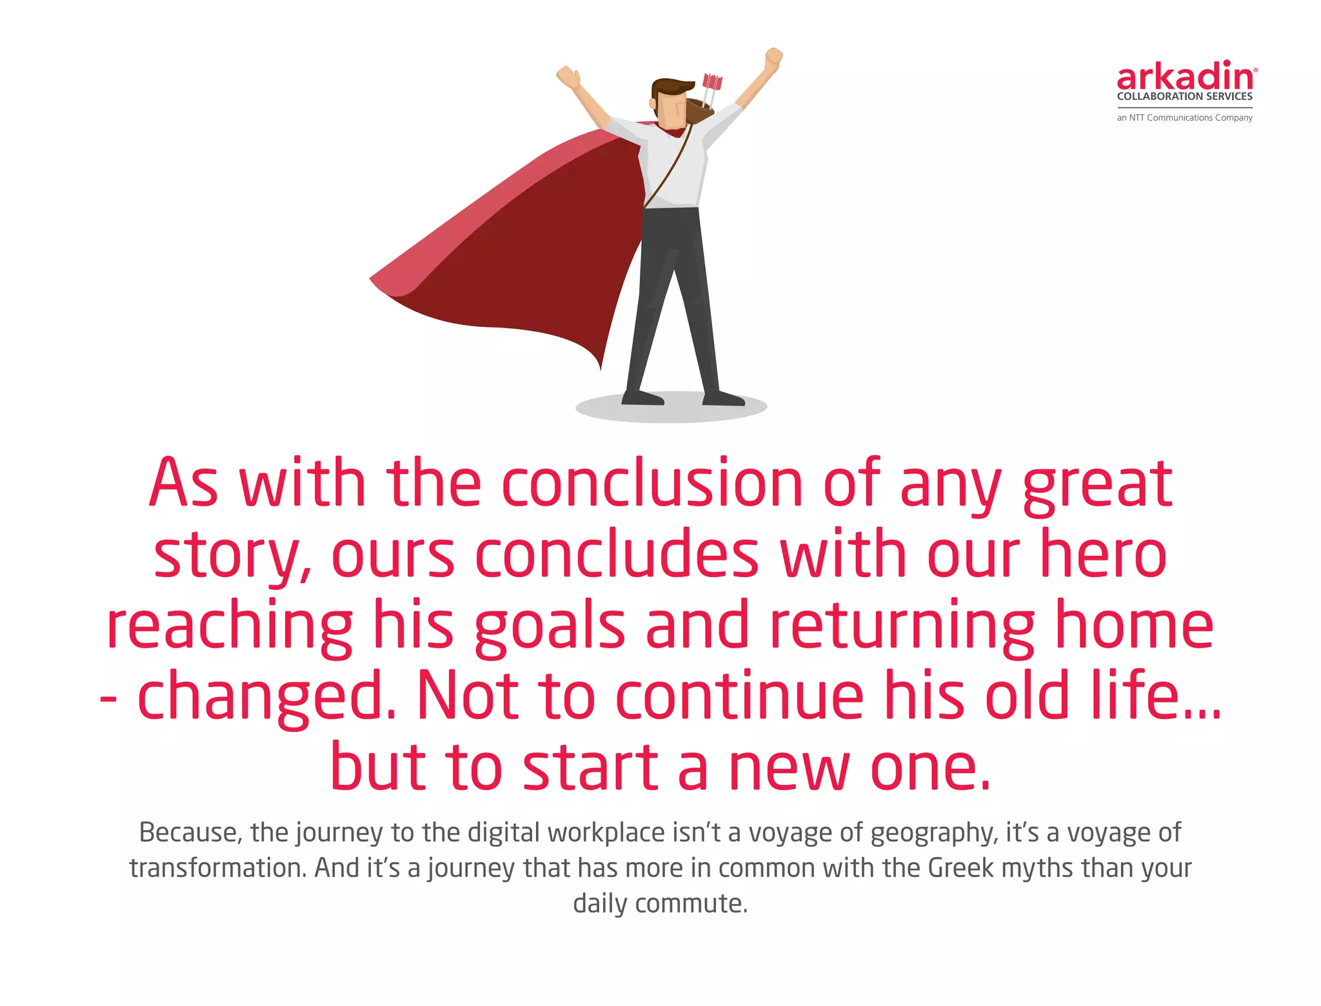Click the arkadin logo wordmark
click(1186, 77)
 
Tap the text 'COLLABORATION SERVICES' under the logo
click(1184, 97)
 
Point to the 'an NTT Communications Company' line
click(1184, 118)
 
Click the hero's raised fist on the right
click(773, 60)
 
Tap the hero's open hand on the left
click(568, 77)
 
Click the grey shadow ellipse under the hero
click(671, 411)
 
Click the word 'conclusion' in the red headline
click(651, 484)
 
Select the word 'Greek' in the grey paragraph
click(960, 868)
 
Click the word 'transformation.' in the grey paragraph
click(217, 868)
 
